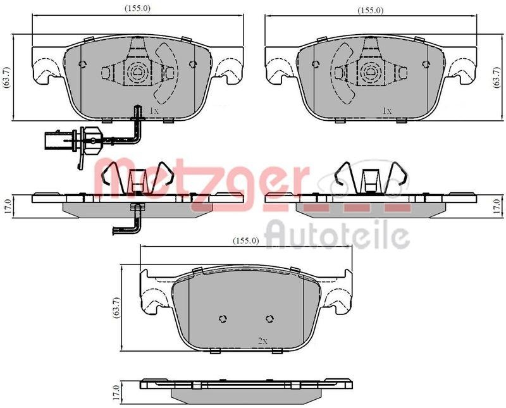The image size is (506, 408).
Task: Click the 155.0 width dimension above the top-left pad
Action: pyautogui.click(x=138, y=9)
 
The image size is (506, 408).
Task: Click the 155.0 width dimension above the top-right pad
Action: pyautogui.click(x=370, y=10)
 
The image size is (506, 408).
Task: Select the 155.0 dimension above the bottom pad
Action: pyautogui.click(x=246, y=240)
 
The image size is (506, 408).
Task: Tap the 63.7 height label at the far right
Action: pyautogui.click(x=497, y=77)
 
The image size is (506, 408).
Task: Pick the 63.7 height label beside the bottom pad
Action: pyautogui.click(x=116, y=308)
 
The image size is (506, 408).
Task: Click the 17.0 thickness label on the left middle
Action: pyautogui.click(x=8, y=207)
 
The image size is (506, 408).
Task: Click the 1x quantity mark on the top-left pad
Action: pyautogui.click(x=154, y=111)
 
